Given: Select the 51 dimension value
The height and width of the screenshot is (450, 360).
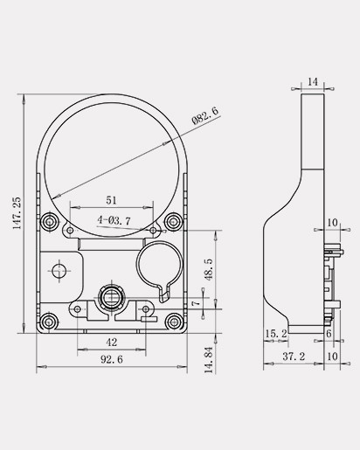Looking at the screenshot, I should tap(111, 200).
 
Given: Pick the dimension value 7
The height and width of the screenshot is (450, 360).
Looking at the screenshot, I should tap(195, 304).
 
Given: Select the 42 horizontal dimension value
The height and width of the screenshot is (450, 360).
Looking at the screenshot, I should tap(111, 342).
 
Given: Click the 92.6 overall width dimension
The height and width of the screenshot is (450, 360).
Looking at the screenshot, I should tap(111, 359).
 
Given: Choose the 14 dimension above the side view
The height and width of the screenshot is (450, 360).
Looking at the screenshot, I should tap(314, 80).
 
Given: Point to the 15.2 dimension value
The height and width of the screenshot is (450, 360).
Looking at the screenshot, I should tap(274, 333).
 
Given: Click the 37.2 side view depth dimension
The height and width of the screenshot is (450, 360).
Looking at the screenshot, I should tap(294, 357).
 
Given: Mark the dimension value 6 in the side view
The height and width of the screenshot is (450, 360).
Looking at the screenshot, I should tap(329, 333).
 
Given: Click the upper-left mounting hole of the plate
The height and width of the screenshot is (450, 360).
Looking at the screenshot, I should tap(50, 221).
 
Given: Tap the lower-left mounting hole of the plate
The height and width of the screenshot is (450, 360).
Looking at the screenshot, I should tap(50, 322).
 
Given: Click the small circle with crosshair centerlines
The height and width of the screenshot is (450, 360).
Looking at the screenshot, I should tap(59, 272).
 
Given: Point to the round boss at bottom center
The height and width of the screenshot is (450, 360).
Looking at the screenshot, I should tap(111, 297).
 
